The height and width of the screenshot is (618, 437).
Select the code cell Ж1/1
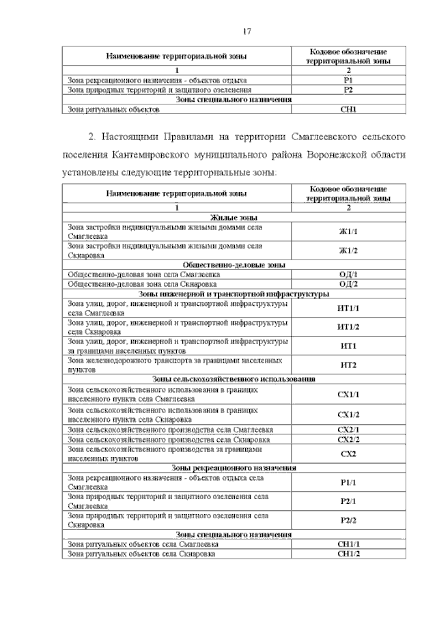point(348,231)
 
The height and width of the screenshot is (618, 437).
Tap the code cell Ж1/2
point(348,250)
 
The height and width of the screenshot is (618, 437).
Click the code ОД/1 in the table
point(348,274)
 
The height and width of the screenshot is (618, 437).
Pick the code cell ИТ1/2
point(348,326)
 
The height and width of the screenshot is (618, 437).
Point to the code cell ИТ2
point(348,365)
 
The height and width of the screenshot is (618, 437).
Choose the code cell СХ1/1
point(348,394)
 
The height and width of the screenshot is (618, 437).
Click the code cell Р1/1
point(348,482)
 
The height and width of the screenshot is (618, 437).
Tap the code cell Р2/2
point(348,520)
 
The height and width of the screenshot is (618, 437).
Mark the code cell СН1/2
point(348,553)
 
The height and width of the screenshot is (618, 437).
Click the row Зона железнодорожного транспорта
point(175,364)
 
